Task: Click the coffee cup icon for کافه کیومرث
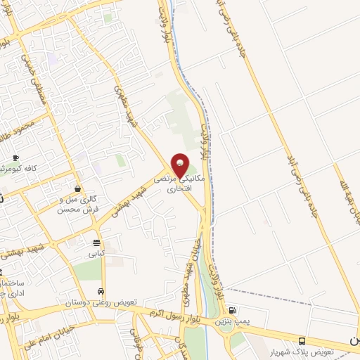click(x=15, y=157)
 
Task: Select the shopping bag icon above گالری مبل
click(x=77, y=188)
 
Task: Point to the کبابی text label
click(x=96, y=252)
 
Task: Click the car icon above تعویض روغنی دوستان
click(x=101, y=291)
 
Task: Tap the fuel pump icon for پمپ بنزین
click(x=233, y=310)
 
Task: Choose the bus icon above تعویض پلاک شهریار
click(x=302, y=340)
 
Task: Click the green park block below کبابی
click(x=88, y=271)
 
